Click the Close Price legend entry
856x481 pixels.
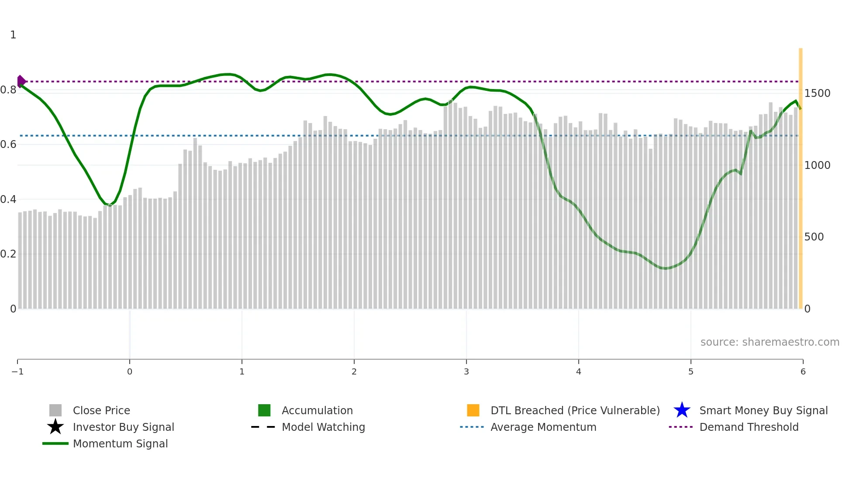pyautogui.click(x=101, y=410)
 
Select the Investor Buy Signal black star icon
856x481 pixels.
pyautogui.click(x=55, y=427)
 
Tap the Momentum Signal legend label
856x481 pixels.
pyautogui.click(x=120, y=443)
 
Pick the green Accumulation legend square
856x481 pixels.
pyautogui.click(x=264, y=410)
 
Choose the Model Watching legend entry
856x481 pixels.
pyautogui.click(x=323, y=427)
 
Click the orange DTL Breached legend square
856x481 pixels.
pyautogui.click(x=473, y=410)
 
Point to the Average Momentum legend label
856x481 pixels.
pyautogui.click(x=543, y=427)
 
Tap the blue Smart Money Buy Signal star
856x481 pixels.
pyautogui.click(x=682, y=410)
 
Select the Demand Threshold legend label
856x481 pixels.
pyautogui.click(x=749, y=427)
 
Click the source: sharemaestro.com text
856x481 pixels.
pyautogui.click(x=770, y=342)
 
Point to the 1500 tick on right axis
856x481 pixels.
pyautogui.click(x=817, y=93)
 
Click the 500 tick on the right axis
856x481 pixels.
pyautogui.click(x=814, y=237)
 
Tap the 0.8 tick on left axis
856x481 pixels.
pyautogui.click(x=8, y=90)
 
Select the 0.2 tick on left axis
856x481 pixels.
pyautogui.click(x=8, y=254)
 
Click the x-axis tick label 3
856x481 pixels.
pyautogui.click(x=466, y=372)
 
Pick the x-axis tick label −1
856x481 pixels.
pyautogui.click(x=17, y=372)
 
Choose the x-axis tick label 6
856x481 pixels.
pyautogui.click(x=803, y=372)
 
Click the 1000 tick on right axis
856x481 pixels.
pyautogui.click(x=817, y=165)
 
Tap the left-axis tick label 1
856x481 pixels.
pyautogui.click(x=13, y=35)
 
